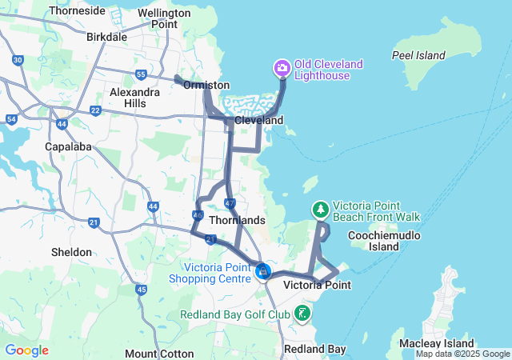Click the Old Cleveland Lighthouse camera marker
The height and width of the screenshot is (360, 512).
click(282, 68)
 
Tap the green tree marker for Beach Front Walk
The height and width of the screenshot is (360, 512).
click(320, 210)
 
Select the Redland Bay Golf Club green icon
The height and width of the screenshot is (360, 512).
click(302, 313)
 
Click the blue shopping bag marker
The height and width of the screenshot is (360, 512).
click(262, 272)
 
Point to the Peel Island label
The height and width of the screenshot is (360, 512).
click(418, 55)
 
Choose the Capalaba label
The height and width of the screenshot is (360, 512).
click(69, 147)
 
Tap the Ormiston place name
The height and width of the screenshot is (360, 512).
click(206, 85)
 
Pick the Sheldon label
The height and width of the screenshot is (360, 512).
click(71, 252)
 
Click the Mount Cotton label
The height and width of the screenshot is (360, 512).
click(159, 354)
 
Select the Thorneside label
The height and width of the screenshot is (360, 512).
click(77, 11)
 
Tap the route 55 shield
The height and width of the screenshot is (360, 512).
click(141, 75)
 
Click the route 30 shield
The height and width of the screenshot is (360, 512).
click(18, 61)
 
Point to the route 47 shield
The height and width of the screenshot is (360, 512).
click(230, 204)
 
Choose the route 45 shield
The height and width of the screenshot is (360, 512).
click(142, 290)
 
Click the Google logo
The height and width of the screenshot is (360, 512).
click(26, 350)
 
